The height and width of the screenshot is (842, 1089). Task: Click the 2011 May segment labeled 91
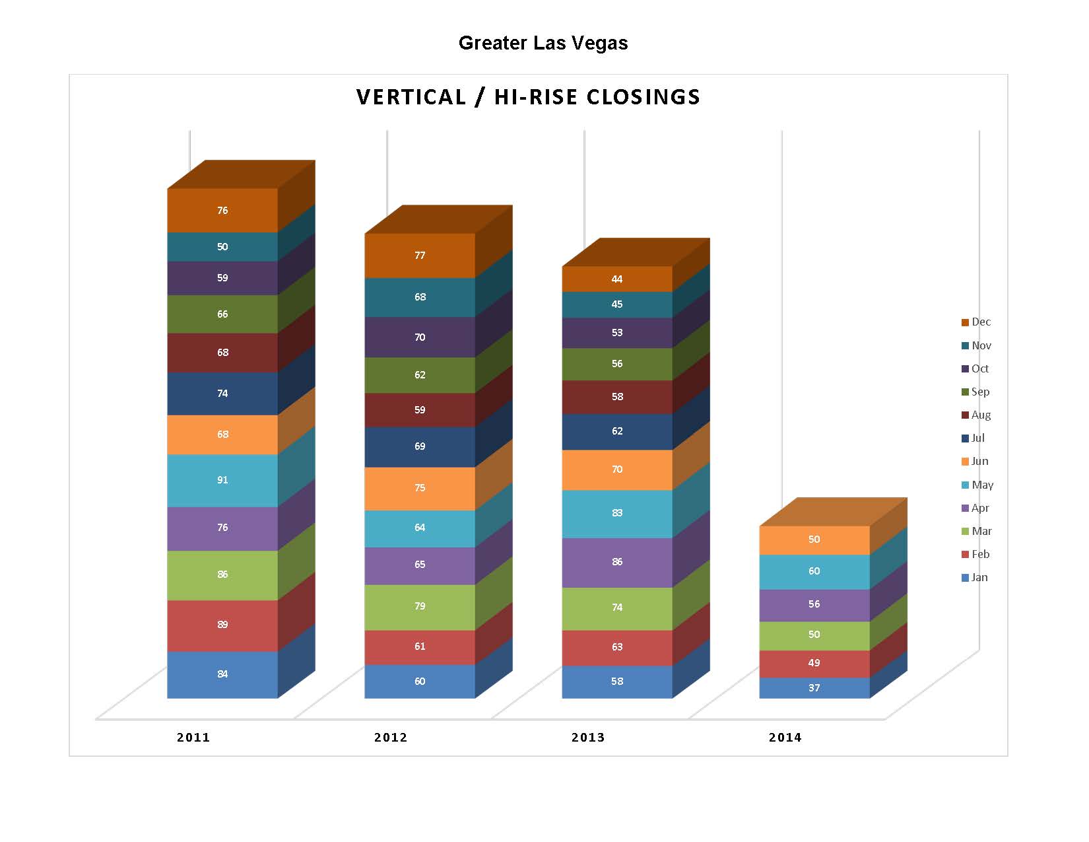222,480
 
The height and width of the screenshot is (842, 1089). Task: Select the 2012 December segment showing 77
420,256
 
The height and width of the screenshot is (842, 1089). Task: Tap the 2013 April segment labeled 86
617,562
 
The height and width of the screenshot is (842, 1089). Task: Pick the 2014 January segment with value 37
814,688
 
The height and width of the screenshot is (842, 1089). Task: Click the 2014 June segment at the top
814,540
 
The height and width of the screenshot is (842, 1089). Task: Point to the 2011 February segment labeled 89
222,625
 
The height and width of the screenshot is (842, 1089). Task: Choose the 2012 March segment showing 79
420,606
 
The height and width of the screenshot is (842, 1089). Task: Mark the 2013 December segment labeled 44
617,279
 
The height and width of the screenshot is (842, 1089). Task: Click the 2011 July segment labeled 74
222,394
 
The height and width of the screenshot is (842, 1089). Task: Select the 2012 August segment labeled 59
420,410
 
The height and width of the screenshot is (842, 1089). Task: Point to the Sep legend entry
975,392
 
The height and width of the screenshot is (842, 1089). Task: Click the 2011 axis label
193,738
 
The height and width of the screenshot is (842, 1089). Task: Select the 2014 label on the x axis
785,738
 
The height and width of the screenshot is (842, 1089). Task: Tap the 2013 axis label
588,738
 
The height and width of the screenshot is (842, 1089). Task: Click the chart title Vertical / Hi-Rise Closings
528,97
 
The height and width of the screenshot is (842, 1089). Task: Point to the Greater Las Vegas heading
543,44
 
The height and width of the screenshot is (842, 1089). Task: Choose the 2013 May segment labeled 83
617,513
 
